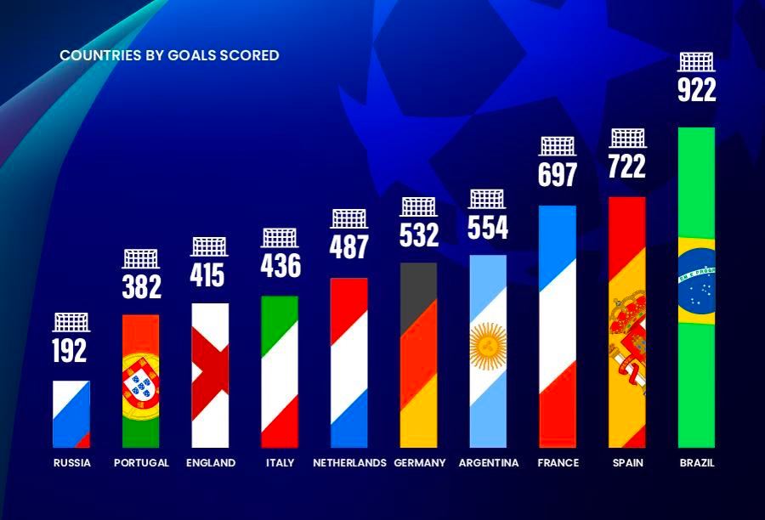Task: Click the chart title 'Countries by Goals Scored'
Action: coord(169,55)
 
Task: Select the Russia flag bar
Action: coord(71,414)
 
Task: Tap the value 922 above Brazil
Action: coord(697,89)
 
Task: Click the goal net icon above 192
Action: coord(71,322)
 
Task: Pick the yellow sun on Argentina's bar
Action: coord(488,346)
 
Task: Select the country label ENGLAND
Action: coord(211,462)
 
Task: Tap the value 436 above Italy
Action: coord(280,266)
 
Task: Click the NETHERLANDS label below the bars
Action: coord(349,462)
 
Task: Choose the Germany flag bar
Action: coord(418,355)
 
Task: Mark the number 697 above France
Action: coord(558,175)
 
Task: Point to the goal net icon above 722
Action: coord(628,138)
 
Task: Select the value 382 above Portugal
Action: coord(141,287)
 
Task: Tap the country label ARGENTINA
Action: coord(489,462)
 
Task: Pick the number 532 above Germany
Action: coord(419,235)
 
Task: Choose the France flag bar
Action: coord(558,327)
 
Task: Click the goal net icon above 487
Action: coord(349,219)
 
